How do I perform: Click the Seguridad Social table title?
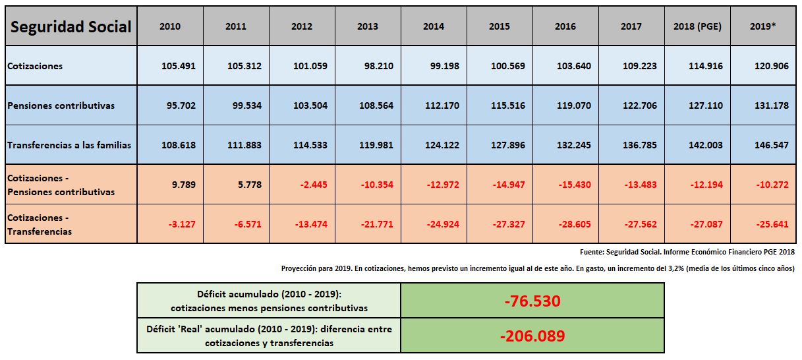pyautogui.click(x=71, y=26)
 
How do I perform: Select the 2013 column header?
pyautogui.click(x=368, y=26)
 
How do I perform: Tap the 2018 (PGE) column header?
pyautogui.click(x=697, y=26)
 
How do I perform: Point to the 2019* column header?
pyautogui.click(x=763, y=26)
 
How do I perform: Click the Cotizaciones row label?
pyautogui.click(x=36, y=66)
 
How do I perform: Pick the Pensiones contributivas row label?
pyautogui.click(x=61, y=105)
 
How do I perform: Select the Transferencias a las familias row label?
pyautogui.click(x=69, y=145)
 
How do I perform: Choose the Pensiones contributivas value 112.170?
pyautogui.click(x=442, y=105)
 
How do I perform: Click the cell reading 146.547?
pyautogui.click(x=771, y=145)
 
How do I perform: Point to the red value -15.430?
pyautogui.click(x=573, y=185)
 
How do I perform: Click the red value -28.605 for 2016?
pyautogui.click(x=573, y=224)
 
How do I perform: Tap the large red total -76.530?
pyautogui.click(x=532, y=301)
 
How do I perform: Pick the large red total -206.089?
pyautogui.click(x=532, y=336)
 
